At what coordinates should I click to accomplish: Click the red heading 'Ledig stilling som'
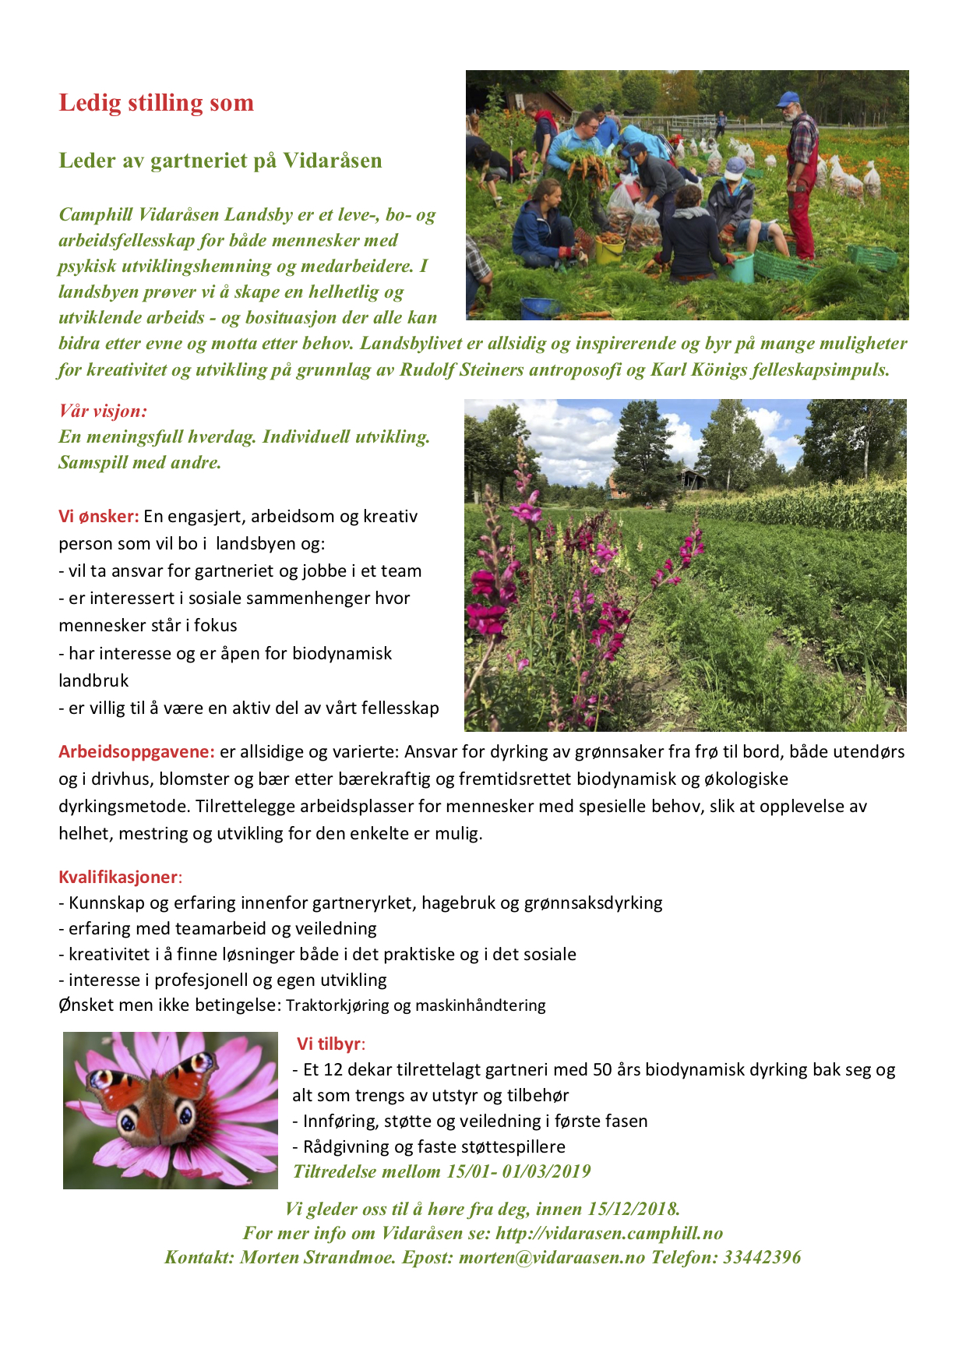pos(156,103)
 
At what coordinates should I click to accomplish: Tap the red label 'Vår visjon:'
pos(103,411)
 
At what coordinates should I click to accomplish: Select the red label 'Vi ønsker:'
pos(99,516)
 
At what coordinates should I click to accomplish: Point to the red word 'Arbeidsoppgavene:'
pos(136,751)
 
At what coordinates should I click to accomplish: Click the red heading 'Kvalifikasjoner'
pos(118,877)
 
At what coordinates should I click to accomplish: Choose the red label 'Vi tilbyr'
pos(329,1044)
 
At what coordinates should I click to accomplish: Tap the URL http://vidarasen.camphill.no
pos(609,1233)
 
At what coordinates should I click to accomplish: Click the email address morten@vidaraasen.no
pos(552,1257)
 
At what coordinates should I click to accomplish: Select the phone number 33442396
pos(762,1257)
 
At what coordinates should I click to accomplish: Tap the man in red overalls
pos(801,187)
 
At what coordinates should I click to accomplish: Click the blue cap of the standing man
pos(788,99)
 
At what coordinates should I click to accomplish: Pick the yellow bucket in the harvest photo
pos(608,252)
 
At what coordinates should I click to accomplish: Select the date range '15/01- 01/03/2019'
pos(518,1171)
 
